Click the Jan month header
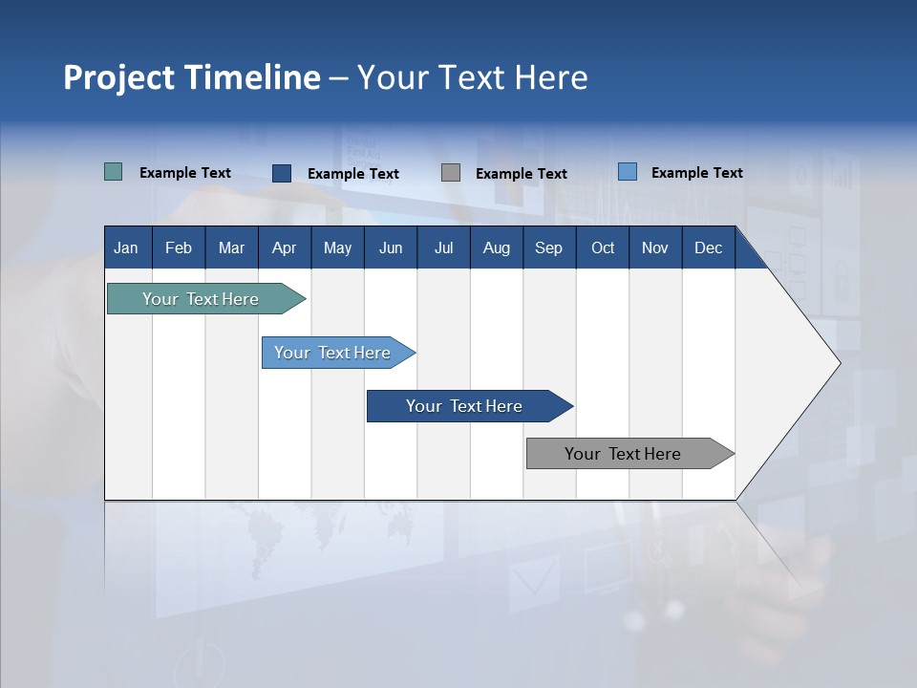tap(126, 247)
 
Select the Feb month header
tap(179, 247)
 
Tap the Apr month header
tap(284, 247)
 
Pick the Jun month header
tap(391, 247)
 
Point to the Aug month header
tap(496, 247)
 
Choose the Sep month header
tap(548, 247)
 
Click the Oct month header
tap(603, 247)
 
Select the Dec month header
tap(708, 247)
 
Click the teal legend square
tap(113, 172)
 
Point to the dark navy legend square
tap(282, 173)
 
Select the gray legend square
tap(451, 173)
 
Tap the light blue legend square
tap(628, 172)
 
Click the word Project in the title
tap(119, 77)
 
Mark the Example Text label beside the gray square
tap(521, 174)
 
